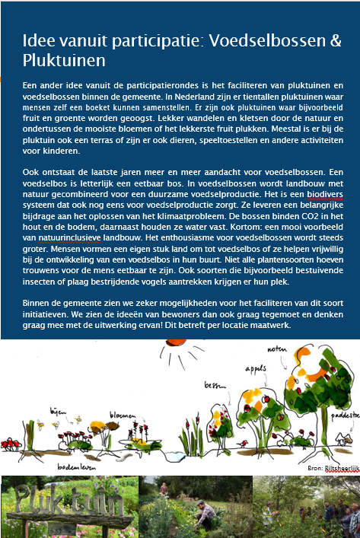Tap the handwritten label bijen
coord(56,410)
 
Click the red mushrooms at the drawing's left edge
coord(11,442)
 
